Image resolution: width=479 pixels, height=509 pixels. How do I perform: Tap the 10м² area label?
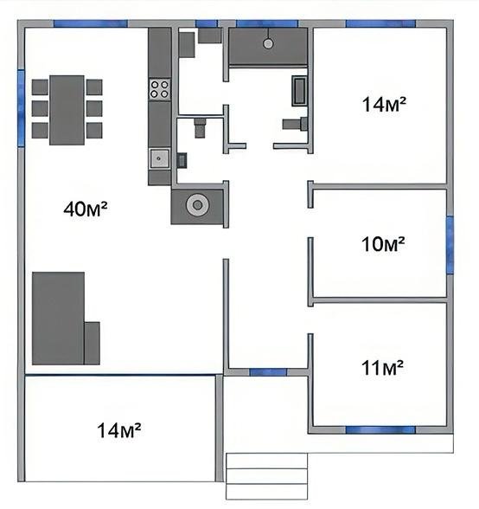pos(383,244)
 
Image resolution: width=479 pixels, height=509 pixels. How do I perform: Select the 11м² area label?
pos(383,369)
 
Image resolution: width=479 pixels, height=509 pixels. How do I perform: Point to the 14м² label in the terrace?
pos(119,429)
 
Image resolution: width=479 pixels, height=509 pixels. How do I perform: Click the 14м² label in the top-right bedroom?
pos(385,105)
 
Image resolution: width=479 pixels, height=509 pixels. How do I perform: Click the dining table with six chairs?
pos(67,109)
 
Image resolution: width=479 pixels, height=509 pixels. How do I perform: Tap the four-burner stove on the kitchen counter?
pos(160,87)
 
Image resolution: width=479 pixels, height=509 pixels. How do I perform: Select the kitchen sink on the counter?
pos(159,158)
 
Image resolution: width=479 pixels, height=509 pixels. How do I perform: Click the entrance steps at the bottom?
pos(266,475)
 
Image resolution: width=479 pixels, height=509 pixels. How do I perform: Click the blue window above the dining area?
pos(90,23)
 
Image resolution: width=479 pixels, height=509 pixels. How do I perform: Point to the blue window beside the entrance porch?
pos(267,372)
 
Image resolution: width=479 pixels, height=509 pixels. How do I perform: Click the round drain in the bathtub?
pos(269,42)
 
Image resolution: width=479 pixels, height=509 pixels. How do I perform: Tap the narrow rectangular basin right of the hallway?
pos(300,91)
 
